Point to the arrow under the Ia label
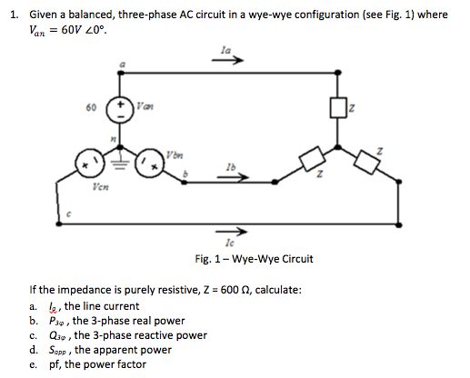[232, 63]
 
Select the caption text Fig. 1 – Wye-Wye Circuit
[255, 259]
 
